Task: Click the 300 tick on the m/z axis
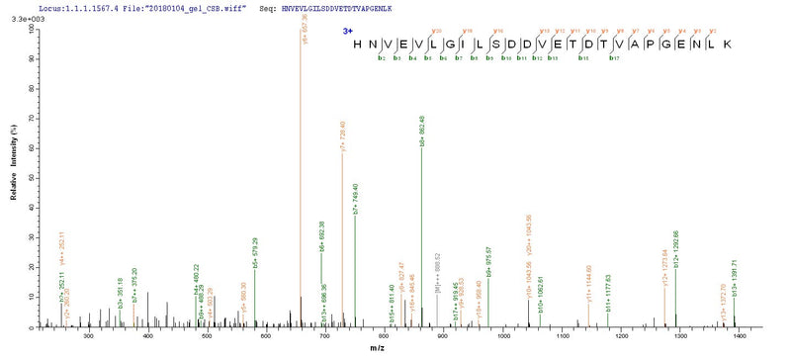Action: point(89,337)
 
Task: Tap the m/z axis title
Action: point(393,351)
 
